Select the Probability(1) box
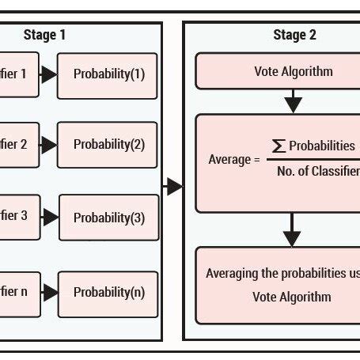[108, 75]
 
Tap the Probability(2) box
[108, 145]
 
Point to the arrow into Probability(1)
[48, 75]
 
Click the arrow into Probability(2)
[48, 145]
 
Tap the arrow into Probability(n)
[49, 293]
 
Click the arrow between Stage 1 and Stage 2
[172, 187]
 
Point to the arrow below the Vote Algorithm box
[293, 101]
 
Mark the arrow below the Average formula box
[293, 231]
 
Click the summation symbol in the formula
[279, 145]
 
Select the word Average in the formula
[229, 160]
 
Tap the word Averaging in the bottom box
[233, 274]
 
